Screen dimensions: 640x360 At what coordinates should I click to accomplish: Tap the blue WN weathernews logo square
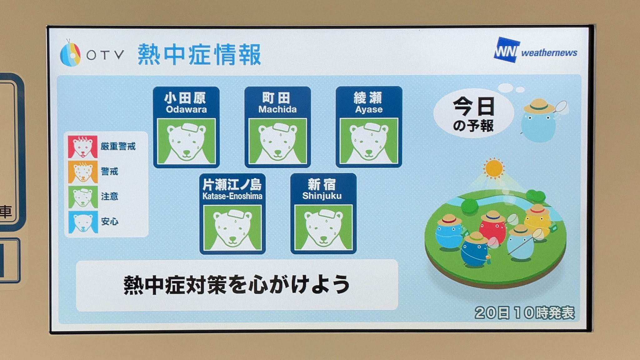coord(507,50)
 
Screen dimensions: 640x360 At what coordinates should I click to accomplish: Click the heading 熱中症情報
coord(199,54)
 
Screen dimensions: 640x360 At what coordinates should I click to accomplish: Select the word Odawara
coord(186,109)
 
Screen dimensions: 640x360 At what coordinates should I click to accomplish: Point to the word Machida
coord(277,109)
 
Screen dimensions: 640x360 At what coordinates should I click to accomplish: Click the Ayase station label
coord(369,110)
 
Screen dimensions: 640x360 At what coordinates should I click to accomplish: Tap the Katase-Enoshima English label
coord(232,196)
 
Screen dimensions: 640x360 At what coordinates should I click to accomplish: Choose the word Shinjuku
coord(322,196)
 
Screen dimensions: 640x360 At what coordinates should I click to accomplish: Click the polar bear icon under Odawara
coord(186,141)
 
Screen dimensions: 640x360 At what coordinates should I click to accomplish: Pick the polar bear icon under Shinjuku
coord(323,227)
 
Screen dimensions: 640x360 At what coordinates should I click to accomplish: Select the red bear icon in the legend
coord(83,147)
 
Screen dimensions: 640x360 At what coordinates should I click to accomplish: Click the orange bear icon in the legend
coord(83,172)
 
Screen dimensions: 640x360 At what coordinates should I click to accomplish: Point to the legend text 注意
coord(109,196)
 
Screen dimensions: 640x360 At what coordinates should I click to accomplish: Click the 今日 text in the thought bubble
coord(474,107)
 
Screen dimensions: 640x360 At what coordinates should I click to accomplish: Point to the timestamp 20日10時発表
coord(525,312)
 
